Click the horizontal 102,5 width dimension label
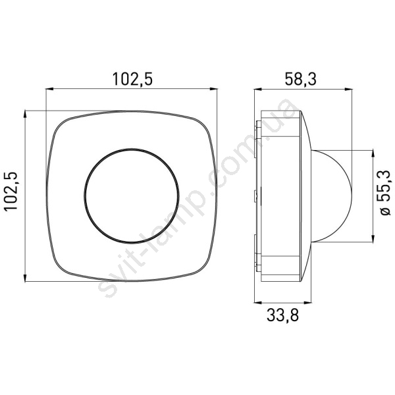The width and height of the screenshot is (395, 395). point(132,79)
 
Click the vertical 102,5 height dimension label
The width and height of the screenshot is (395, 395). point(11,191)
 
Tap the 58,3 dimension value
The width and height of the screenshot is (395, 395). point(300,79)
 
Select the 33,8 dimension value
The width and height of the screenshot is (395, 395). point(282,315)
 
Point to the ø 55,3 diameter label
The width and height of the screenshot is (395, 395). point(384,193)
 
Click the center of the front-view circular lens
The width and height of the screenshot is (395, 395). point(132,196)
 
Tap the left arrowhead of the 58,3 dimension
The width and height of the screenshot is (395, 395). point(258,89)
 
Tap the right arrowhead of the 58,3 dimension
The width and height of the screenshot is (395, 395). point(348,89)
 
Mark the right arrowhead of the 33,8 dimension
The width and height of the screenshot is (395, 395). point(307,303)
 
